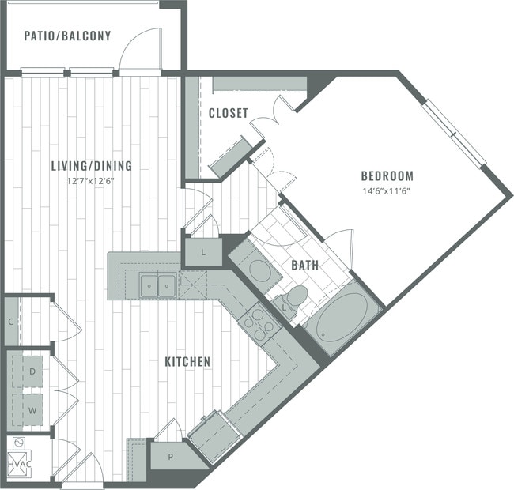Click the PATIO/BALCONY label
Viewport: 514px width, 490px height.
pos(67,36)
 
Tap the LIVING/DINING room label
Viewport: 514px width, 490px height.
pos(91,166)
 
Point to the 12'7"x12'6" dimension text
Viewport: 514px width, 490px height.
pos(91,179)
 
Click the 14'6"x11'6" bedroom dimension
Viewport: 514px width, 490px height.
pos(387,190)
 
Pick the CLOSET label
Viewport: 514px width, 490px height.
pos(229,114)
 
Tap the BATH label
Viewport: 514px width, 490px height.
pos(304,266)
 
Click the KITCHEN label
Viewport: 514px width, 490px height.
pos(187,362)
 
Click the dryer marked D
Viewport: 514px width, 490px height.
pos(32,370)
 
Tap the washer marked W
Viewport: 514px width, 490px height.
pos(32,411)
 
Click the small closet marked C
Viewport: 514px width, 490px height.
pos(10,321)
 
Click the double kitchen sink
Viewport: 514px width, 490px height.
pos(157,285)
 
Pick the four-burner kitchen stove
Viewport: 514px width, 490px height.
pos(262,322)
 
